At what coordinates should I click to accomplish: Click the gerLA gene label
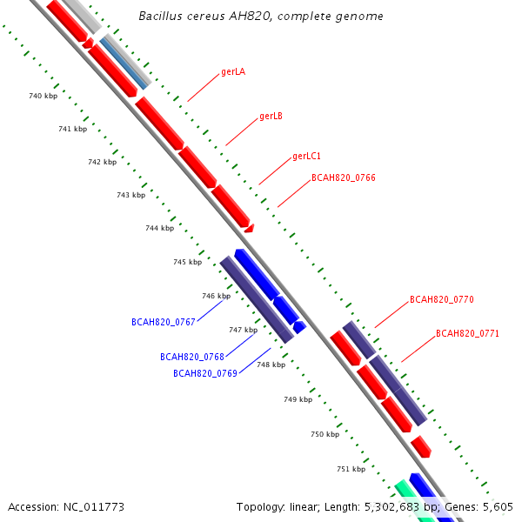233,71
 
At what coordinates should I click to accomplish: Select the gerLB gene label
271,116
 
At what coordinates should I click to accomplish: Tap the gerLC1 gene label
307,157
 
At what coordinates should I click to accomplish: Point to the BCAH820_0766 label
344,177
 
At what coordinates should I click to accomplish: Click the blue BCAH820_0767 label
164,322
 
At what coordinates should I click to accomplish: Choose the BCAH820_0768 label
192,357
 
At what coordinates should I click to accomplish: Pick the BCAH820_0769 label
205,373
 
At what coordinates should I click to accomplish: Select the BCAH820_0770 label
442,299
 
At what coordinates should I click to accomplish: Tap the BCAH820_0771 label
468,333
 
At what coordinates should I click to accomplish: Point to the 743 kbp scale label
130,195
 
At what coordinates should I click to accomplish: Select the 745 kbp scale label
187,262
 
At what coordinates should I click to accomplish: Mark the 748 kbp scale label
271,365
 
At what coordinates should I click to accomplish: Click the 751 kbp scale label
351,469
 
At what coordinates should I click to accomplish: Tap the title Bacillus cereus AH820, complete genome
261,17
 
